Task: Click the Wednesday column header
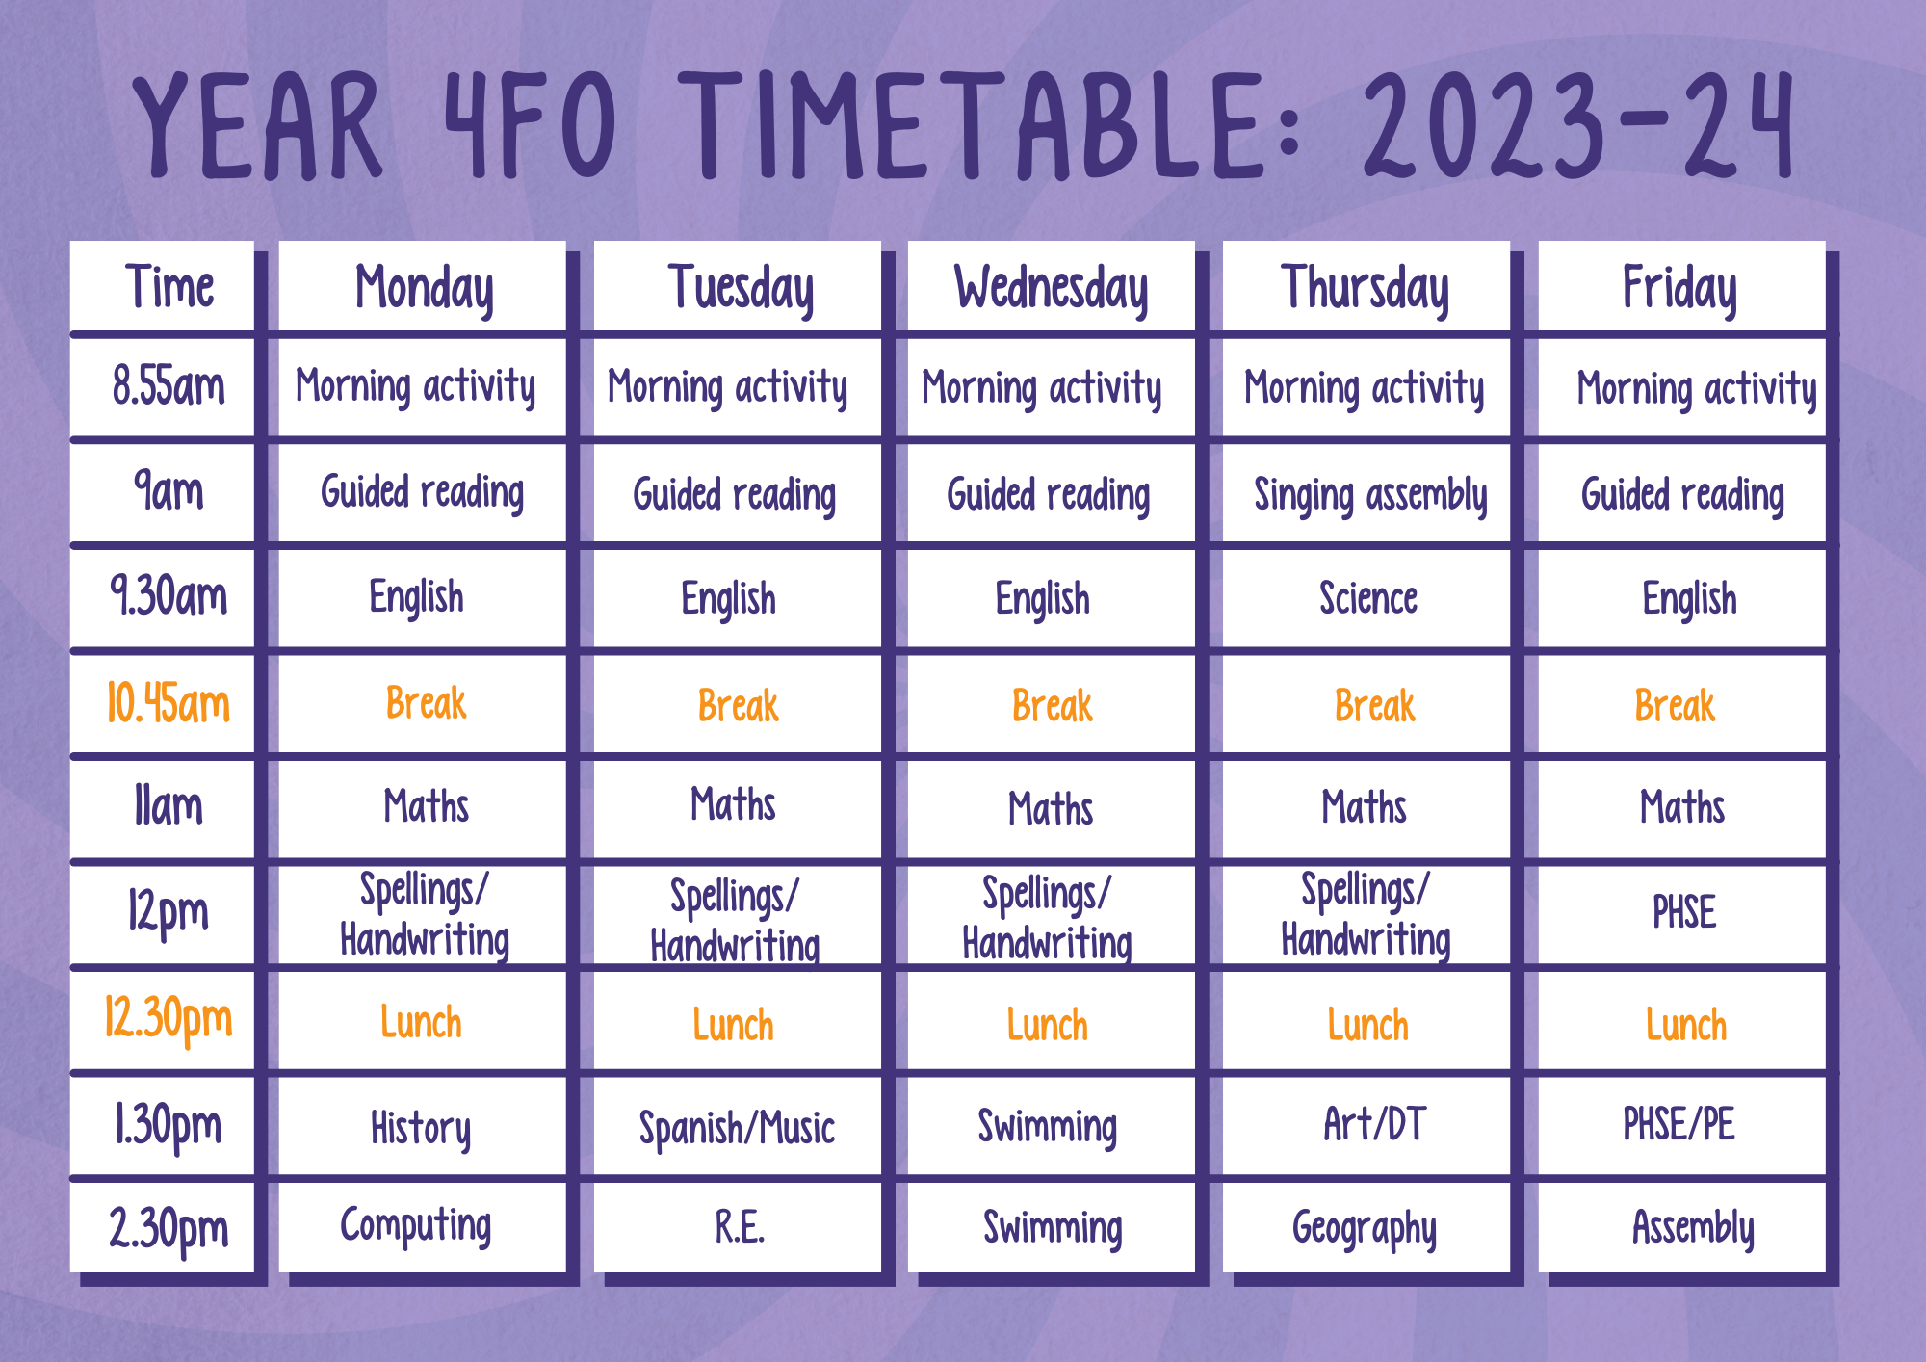tap(1051, 287)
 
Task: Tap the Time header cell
tap(162, 287)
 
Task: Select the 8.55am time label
tap(169, 385)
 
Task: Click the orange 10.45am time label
tap(169, 702)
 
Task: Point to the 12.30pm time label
tap(169, 1020)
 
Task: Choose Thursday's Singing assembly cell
tap(1366, 493)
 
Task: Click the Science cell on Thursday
tap(1366, 598)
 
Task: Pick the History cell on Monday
tap(422, 1126)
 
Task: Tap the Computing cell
tap(422, 1227)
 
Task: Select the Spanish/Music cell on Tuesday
tap(737, 1126)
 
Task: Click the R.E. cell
tap(737, 1227)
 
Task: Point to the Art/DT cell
tap(1366, 1126)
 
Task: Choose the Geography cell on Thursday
tap(1366, 1227)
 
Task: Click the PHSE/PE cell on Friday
tap(1681, 1126)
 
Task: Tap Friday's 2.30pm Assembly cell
tap(1681, 1227)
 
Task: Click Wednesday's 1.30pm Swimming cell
tap(1051, 1126)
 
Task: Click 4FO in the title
tap(530, 125)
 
